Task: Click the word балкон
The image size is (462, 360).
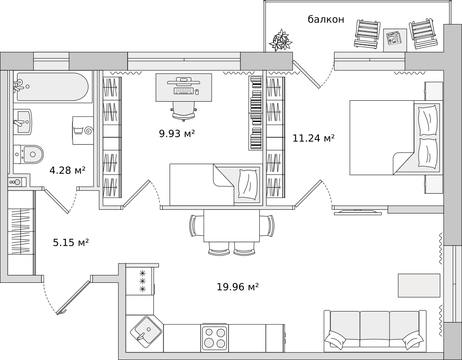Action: pos(326,19)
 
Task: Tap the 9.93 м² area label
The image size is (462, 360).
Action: pos(177,134)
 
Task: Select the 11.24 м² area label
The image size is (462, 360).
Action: pos(314,138)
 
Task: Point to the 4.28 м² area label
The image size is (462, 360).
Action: pos(67,170)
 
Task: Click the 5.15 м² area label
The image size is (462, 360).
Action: pos(71,243)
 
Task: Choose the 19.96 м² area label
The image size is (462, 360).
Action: pos(238,287)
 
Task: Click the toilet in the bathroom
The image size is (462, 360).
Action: pos(28,154)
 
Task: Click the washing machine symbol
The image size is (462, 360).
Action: pos(83,130)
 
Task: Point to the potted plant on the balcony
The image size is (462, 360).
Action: pos(280,40)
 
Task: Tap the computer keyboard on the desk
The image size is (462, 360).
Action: pos(183,91)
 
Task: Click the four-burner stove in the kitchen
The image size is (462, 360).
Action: pos(214,338)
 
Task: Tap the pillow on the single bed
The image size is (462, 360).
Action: pos(248,183)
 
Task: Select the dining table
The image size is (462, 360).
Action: pos(231,226)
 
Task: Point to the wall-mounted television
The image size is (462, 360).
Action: pos(358,212)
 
